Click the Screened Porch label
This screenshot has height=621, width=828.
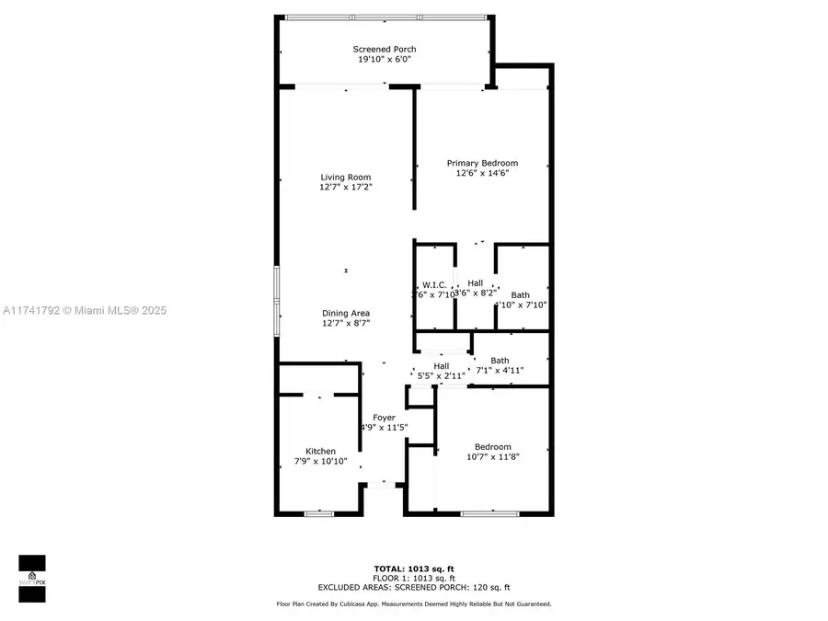tap(385, 49)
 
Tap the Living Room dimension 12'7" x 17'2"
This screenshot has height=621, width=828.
tap(346, 187)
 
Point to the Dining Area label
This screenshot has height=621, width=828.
tap(346, 313)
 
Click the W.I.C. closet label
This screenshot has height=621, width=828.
tap(434, 283)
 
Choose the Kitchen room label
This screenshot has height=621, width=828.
tap(321, 451)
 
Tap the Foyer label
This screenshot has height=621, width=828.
tap(384, 418)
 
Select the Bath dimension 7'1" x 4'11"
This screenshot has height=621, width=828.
tap(500, 371)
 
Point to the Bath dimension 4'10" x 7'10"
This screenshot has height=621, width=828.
tap(521, 305)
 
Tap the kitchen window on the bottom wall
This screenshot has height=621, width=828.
tap(318, 513)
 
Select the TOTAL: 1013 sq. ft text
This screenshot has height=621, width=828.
tap(414, 569)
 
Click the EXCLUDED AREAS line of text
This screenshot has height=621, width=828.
tap(414, 587)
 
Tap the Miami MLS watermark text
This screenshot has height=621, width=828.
tap(84, 311)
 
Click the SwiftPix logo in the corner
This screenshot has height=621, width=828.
tap(32, 579)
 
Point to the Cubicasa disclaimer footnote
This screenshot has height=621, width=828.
tap(414, 604)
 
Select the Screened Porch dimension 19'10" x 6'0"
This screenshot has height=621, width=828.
tap(385, 59)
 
